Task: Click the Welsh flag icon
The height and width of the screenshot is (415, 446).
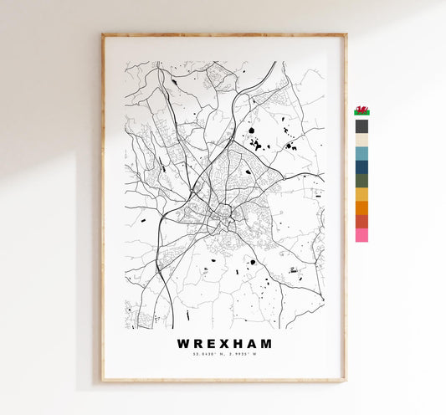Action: click(x=362, y=110)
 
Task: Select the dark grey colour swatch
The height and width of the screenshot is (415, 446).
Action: click(x=361, y=126)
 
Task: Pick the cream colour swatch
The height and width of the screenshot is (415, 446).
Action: click(x=361, y=140)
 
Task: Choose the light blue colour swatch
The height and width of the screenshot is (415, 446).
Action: click(x=361, y=153)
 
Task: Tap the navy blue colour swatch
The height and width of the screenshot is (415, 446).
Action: click(x=361, y=167)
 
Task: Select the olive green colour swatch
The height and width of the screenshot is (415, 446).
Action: click(x=361, y=180)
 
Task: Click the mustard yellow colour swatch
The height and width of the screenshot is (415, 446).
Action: click(x=361, y=194)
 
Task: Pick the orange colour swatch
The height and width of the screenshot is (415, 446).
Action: click(x=361, y=207)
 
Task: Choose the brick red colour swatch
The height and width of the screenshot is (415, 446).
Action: click(x=361, y=221)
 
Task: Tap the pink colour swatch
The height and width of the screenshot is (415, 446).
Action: click(x=361, y=235)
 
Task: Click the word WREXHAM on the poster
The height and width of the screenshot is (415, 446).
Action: click(x=224, y=343)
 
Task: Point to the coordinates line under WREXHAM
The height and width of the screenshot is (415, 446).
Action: click(x=224, y=356)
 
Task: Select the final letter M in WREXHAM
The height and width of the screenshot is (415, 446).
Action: click(x=265, y=343)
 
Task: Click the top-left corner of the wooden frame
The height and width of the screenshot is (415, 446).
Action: click(x=103, y=35)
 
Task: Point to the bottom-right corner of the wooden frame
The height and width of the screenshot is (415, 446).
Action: click(x=345, y=381)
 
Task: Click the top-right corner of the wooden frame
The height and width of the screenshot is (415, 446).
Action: click(x=345, y=35)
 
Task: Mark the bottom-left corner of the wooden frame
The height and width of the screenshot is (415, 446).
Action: click(x=103, y=381)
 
